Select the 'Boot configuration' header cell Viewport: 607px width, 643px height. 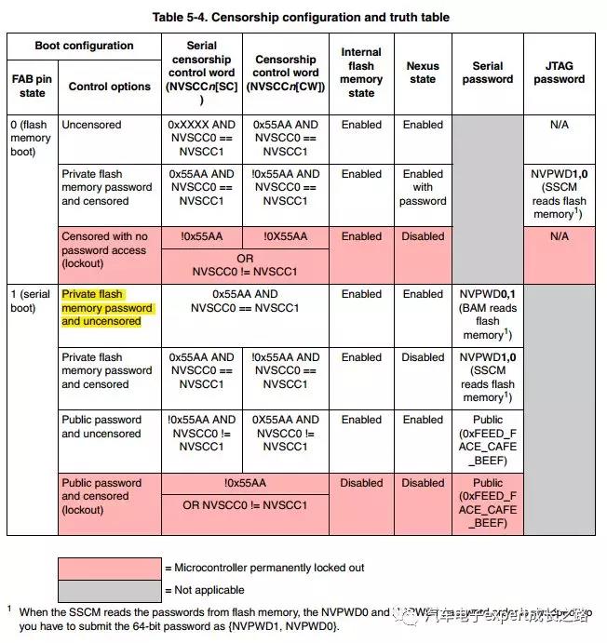84,46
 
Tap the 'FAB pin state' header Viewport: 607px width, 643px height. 32,87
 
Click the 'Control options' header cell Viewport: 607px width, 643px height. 109,87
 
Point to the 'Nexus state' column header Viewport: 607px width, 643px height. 423,73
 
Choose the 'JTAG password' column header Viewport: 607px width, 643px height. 559,73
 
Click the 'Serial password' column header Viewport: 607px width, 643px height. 488,73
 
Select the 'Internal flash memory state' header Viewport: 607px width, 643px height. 361,73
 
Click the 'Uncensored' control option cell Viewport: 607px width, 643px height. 91,125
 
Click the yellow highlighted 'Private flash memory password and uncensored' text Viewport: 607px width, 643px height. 106,308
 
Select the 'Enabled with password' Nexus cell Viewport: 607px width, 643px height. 423,187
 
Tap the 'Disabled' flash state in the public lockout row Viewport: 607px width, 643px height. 361,483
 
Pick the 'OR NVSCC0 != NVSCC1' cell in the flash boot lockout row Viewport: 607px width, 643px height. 245,264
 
